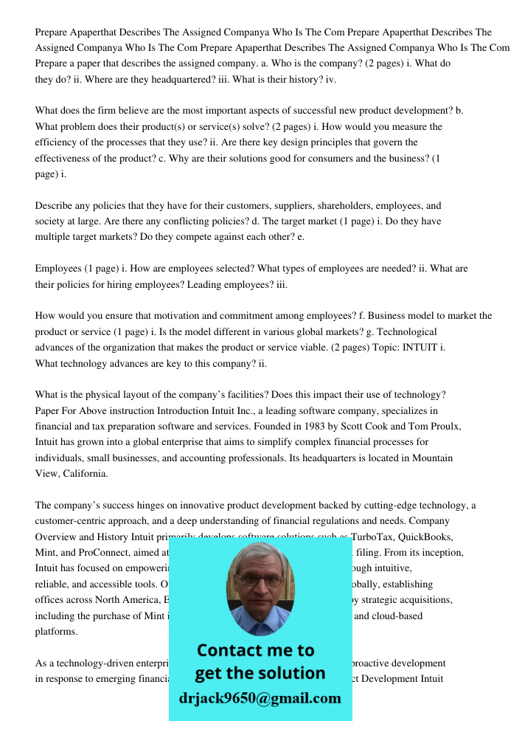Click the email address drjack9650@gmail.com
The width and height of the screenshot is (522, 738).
pyautogui.click(x=260, y=697)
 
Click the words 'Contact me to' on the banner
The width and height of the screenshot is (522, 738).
pyautogui.click(x=256, y=650)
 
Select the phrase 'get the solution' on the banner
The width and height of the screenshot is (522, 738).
pyautogui.click(x=260, y=673)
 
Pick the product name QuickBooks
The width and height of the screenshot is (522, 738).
pyautogui.click(x=427, y=537)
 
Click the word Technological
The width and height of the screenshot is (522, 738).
pyautogui.click(x=403, y=331)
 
